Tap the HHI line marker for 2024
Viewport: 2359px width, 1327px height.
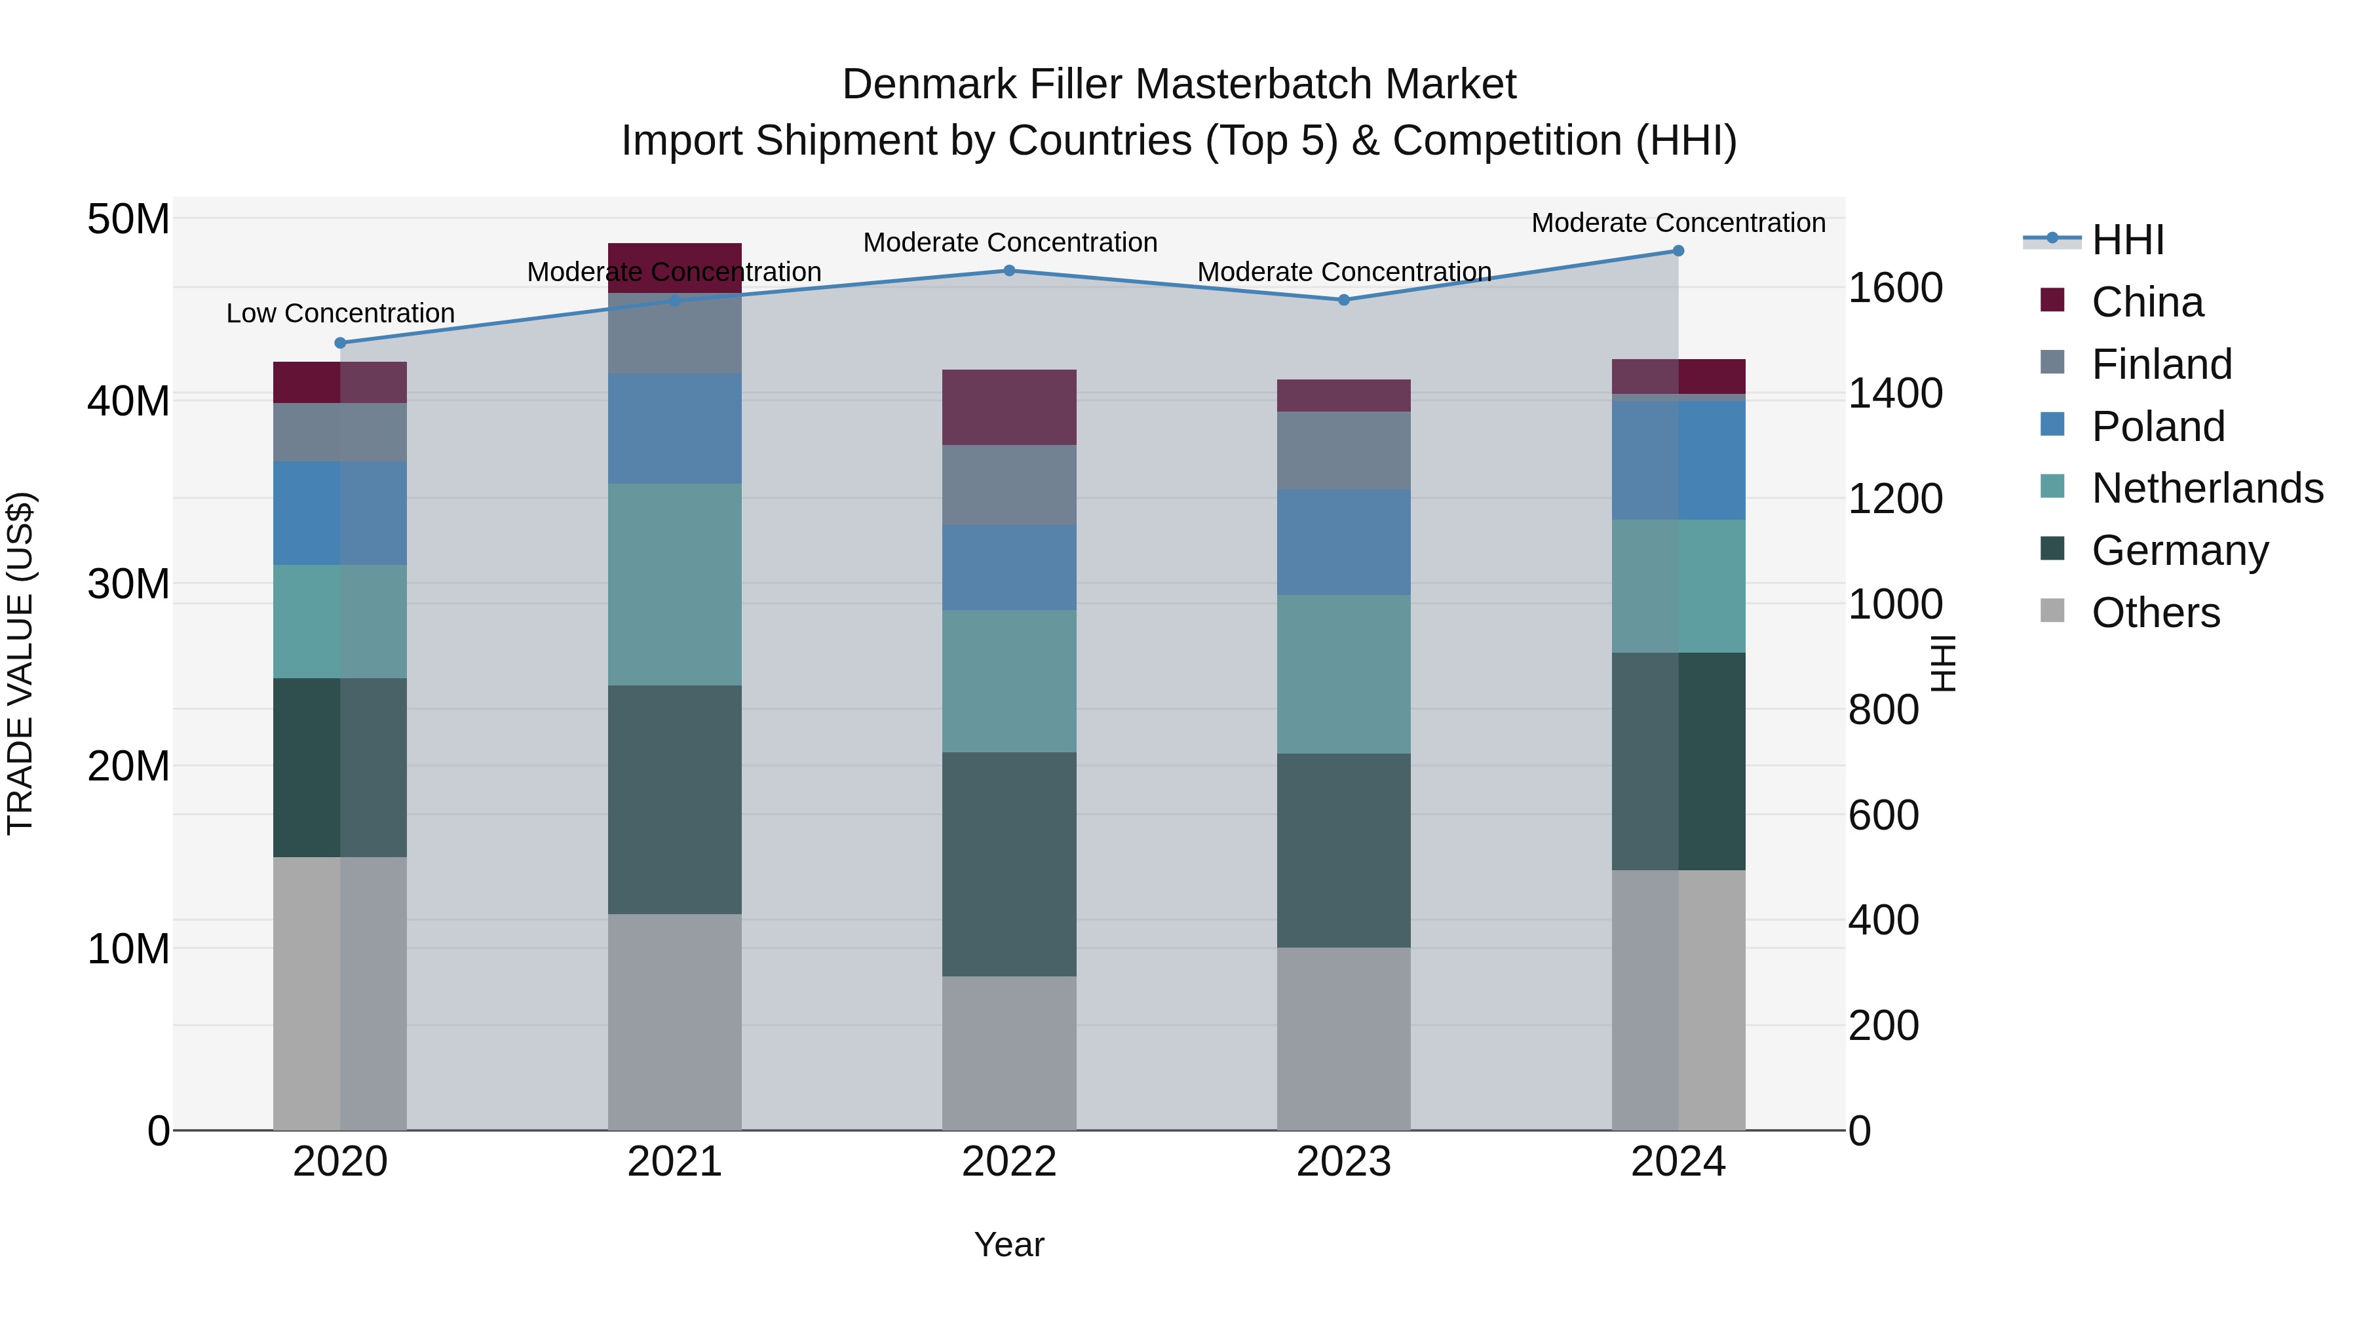[x=1679, y=251]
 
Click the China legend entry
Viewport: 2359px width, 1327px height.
[x=2147, y=302]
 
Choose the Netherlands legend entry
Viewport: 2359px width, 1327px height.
[x=2207, y=488]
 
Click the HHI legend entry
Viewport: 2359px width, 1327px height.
[x=2127, y=240]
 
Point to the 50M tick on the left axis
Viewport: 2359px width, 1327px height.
[x=128, y=220]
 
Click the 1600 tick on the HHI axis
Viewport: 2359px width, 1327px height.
[x=1894, y=288]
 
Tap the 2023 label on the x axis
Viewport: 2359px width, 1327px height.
[x=1343, y=1162]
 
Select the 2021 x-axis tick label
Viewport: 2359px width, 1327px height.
[x=675, y=1162]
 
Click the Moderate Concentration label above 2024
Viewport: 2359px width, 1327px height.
[x=1679, y=223]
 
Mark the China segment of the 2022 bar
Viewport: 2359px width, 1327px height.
[x=1009, y=408]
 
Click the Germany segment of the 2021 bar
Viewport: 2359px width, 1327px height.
[x=675, y=799]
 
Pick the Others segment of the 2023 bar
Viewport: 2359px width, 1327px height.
[x=1343, y=1039]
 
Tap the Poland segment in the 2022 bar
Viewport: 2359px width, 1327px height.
[x=1009, y=567]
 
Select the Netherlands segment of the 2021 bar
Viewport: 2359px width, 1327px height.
[x=675, y=585]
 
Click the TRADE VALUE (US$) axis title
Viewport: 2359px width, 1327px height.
[x=20, y=663]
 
